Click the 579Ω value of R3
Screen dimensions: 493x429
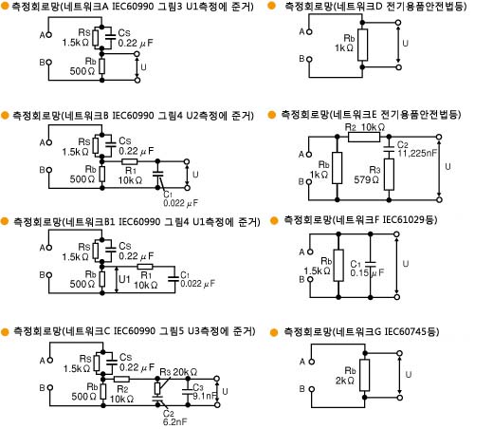[x=366, y=180]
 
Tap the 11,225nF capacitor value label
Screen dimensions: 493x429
[x=417, y=154]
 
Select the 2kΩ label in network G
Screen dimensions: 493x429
[x=344, y=381]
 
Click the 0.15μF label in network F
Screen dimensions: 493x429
[x=367, y=272]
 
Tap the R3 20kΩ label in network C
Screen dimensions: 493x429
[x=178, y=372]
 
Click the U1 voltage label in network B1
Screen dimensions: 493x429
[x=124, y=279]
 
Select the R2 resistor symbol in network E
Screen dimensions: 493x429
[x=364, y=137]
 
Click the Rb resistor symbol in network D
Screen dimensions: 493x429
[x=362, y=45]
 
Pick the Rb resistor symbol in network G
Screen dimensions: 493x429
[x=364, y=375]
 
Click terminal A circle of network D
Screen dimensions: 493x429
[x=309, y=31]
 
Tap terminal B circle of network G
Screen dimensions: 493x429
[x=312, y=389]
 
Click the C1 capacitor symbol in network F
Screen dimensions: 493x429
[x=371, y=264]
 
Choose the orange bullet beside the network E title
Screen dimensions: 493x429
[x=271, y=115]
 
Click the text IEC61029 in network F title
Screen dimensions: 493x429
[x=404, y=219]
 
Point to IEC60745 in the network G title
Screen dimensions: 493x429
[x=406, y=331]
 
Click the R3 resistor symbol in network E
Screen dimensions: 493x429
[x=389, y=174]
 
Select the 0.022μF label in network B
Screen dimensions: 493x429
[x=180, y=203]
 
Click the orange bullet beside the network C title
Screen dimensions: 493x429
[x=5, y=331]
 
